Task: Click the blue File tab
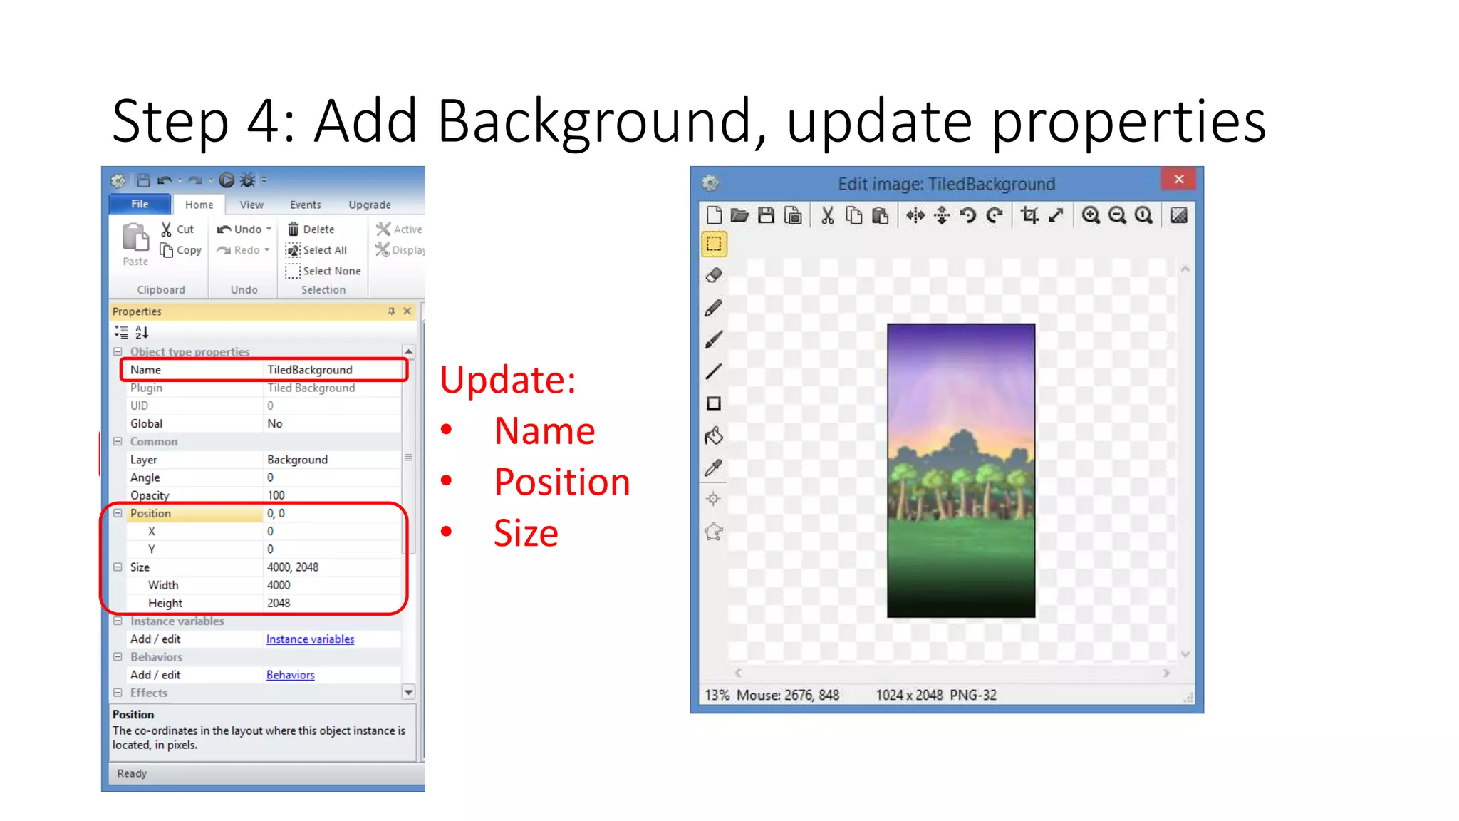coord(140,205)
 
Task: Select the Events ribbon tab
coord(305,205)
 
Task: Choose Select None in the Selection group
coord(323,271)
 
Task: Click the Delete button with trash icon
coord(311,229)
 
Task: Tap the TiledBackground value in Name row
coord(310,370)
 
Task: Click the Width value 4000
coord(279,585)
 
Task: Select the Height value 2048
coord(279,603)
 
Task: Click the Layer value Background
coord(297,460)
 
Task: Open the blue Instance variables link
coord(310,639)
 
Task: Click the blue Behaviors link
coord(290,675)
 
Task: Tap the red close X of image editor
coord(1179,179)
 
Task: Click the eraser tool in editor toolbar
coord(713,276)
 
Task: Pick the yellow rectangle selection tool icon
coord(714,244)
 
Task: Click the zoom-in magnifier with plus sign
coord(1091,215)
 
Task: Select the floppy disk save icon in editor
coord(766,215)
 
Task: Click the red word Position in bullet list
coord(562,482)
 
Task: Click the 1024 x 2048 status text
coord(909,695)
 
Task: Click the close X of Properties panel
coord(407,311)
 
